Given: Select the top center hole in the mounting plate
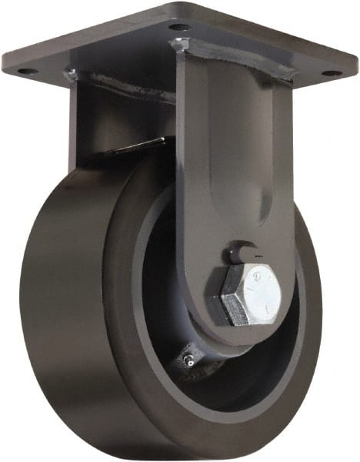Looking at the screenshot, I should click(179, 28).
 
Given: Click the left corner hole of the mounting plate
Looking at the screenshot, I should click(25, 71).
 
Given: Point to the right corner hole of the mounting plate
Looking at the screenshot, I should click(332, 73).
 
